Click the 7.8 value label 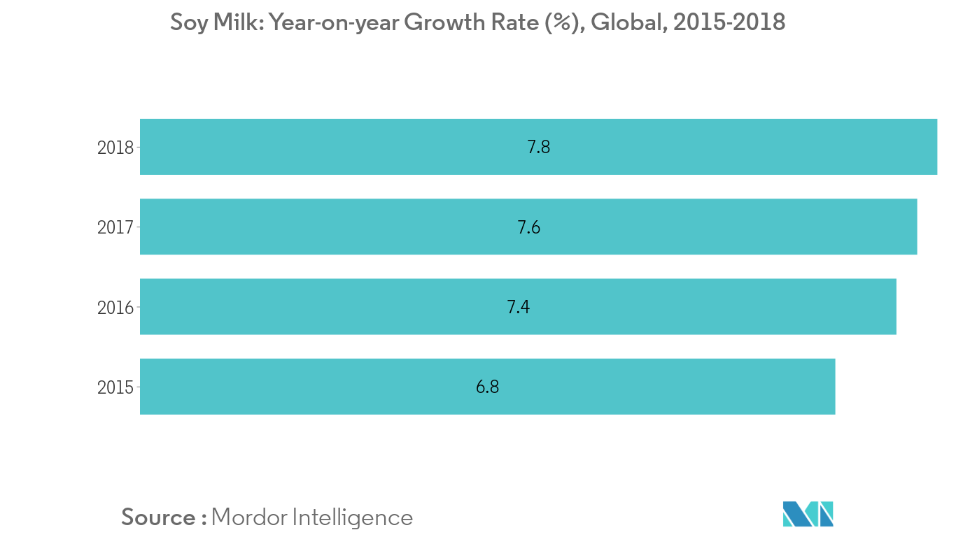[x=538, y=148]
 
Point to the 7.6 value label [x=528, y=227]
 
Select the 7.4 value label [x=518, y=307]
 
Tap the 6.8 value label [x=487, y=387]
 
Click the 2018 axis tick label [x=115, y=148]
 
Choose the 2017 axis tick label [x=115, y=227]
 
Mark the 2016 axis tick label [x=115, y=307]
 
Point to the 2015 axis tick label [x=115, y=387]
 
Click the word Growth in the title [x=437, y=23]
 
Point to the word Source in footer [x=159, y=517]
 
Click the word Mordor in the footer [x=248, y=517]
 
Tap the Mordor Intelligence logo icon [x=808, y=514]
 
